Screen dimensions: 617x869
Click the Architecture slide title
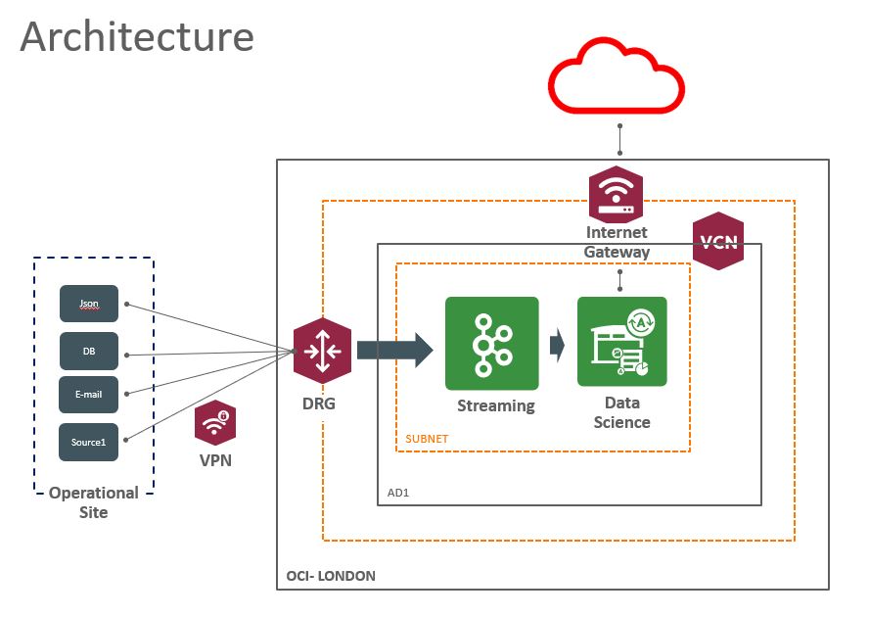point(137,36)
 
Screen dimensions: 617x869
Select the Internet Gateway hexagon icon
point(616,194)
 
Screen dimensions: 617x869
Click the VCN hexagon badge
point(717,241)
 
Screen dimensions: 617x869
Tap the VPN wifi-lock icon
point(214,424)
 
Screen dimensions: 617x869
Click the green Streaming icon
point(491,342)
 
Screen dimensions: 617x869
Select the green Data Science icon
point(621,342)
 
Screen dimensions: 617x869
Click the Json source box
point(88,304)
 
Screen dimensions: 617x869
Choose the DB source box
point(88,351)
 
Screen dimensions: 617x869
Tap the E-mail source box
point(88,395)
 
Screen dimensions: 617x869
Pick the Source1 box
point(88,442)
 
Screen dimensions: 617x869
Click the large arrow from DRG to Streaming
point(393,350)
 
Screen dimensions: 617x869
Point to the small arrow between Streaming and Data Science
point(557,345)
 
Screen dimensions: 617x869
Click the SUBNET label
point(427,439)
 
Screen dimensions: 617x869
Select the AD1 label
point(398,493)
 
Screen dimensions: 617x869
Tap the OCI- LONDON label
point(331,576)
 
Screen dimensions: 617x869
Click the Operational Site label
point(94,502)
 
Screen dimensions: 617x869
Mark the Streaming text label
point(496,405)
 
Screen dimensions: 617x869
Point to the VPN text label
point(214,460)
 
